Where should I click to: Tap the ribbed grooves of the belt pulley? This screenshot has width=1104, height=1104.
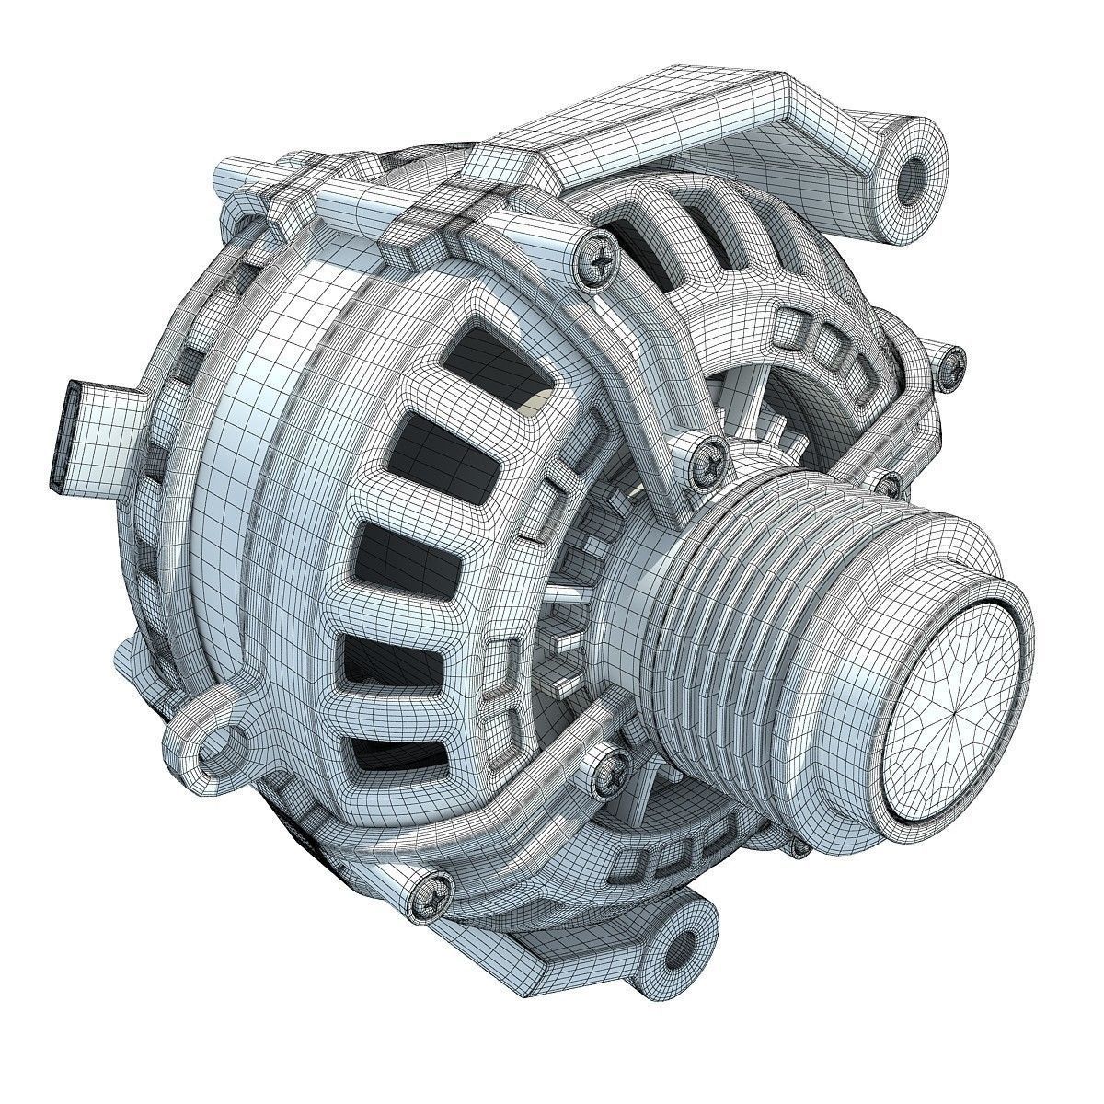(x=727, y=635)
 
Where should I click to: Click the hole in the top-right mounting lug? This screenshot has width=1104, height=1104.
(x=916, y=172)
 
